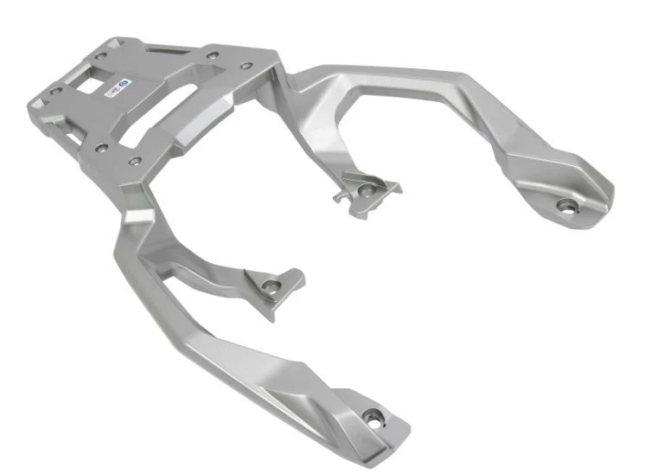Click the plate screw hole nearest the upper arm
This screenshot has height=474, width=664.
point(248,66)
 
